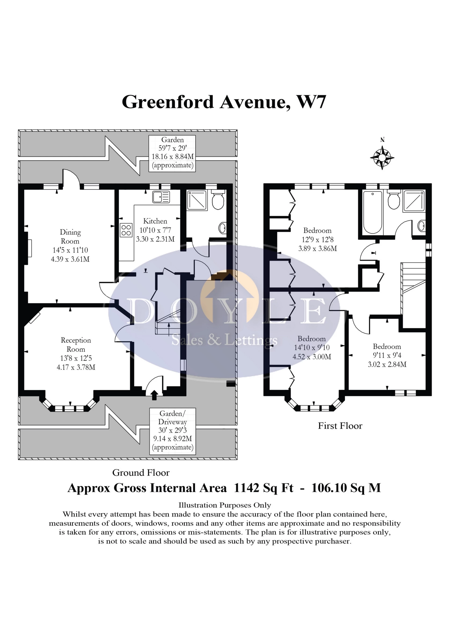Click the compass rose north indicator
click(382, 157)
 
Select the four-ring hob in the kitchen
click(126, 230)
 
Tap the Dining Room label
click(70, 236)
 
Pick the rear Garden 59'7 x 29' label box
click(172, 153)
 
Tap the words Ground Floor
click(141, 473)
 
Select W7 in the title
click(311, 102)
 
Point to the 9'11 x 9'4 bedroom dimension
click(387, 356)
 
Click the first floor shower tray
click(414, 200)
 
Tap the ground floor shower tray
click(197, 200)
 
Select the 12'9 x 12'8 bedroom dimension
click(317, 239)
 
